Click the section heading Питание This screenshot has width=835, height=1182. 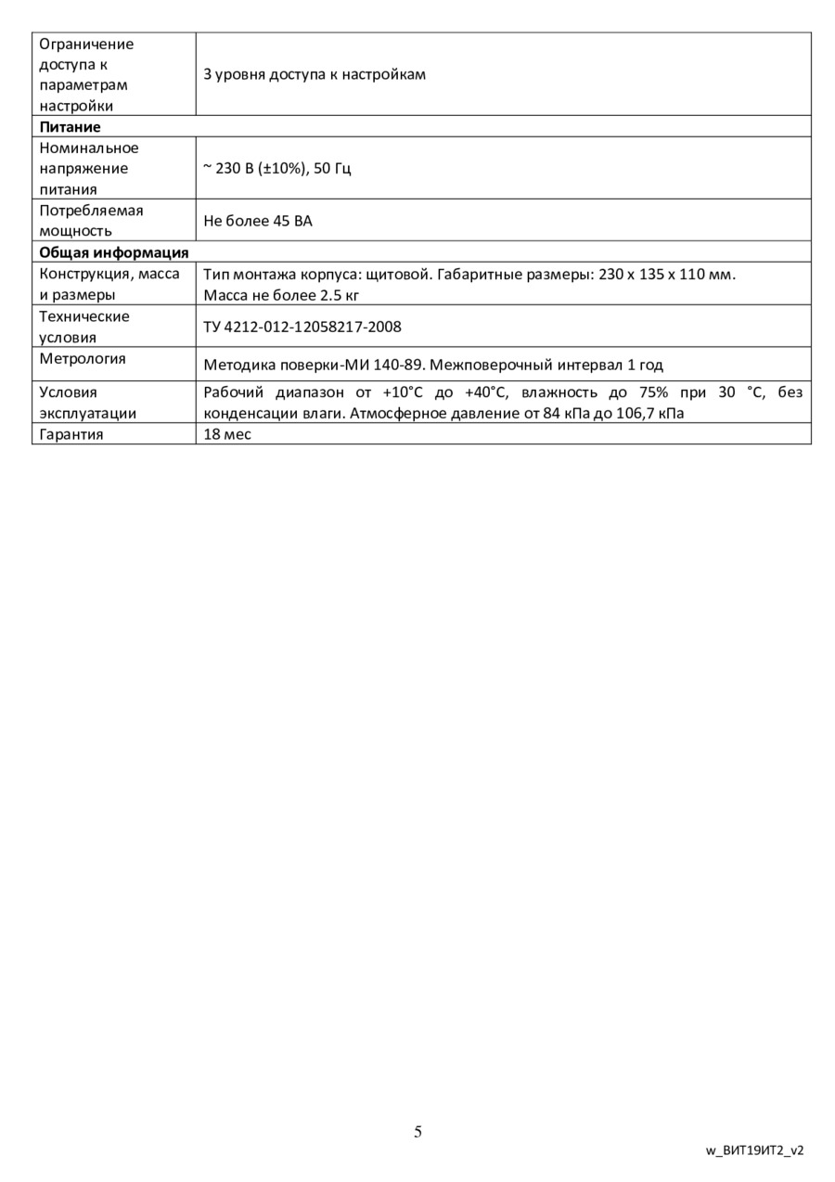coord(70,127)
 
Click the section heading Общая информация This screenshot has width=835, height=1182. coord(113,252)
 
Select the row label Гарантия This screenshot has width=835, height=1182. coord(71,434)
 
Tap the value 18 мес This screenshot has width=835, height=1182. coord(227,434)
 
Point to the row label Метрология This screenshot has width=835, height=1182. coord(83,359)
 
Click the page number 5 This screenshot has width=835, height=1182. coord(417,1131)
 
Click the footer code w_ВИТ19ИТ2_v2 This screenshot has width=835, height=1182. coord(754,1150)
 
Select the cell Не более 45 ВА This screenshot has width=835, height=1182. coord(258,222)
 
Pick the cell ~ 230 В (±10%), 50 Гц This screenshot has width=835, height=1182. coord(277,169)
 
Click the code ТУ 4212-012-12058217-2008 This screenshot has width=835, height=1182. coord(302,328)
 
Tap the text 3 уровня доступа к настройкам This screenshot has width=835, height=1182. coord(315,74)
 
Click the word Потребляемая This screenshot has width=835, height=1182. coord(91,211)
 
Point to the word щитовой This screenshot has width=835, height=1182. coord(398,275)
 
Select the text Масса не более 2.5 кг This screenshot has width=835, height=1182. coord(281,296)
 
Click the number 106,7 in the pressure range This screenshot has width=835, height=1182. coord(637,413)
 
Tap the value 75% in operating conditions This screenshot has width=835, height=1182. coord(653,392)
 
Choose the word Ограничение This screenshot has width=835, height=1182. coord(85,44)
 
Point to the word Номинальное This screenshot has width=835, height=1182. coord(89,148)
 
